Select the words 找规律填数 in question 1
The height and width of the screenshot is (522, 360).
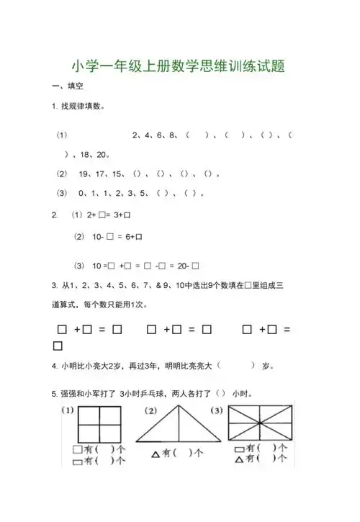(x=81, y=107)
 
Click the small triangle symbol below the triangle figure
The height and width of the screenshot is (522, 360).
(x=154, y=454)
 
